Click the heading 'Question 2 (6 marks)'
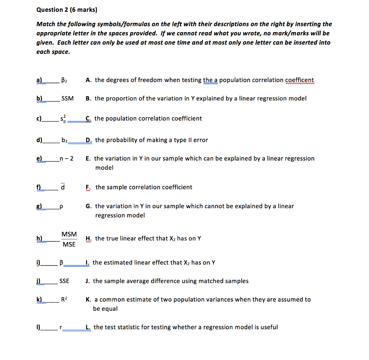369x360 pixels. pyautogui.click(x=67, y=10)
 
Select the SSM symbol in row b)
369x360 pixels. pyautogui.click(x=67, y=98)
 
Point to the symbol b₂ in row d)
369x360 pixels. pyautogui.click(x=65, y=140)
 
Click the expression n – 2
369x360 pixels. pyautogui.click(x=66, y=158)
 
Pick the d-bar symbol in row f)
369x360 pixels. pyautogui.click(x=63, y=187)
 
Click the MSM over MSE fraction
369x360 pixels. pyautogui.click(x=69, y=239)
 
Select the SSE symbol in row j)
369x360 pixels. pyautogui.click(x=65, y=281)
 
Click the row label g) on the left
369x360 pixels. pyautogui.click(x=39, y=206)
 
